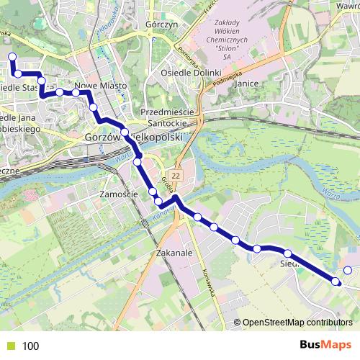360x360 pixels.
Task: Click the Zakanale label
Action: tap(174, 253)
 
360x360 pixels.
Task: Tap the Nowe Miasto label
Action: tap(101, 86)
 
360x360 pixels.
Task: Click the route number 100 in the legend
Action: tap(31, 346)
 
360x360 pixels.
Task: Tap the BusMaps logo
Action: tap(326, 345)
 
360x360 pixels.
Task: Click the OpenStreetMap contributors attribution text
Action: tap(297, 323)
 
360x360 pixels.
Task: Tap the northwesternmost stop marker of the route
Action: tap(12, 57)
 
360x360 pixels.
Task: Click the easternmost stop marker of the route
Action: tap(348, 271)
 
